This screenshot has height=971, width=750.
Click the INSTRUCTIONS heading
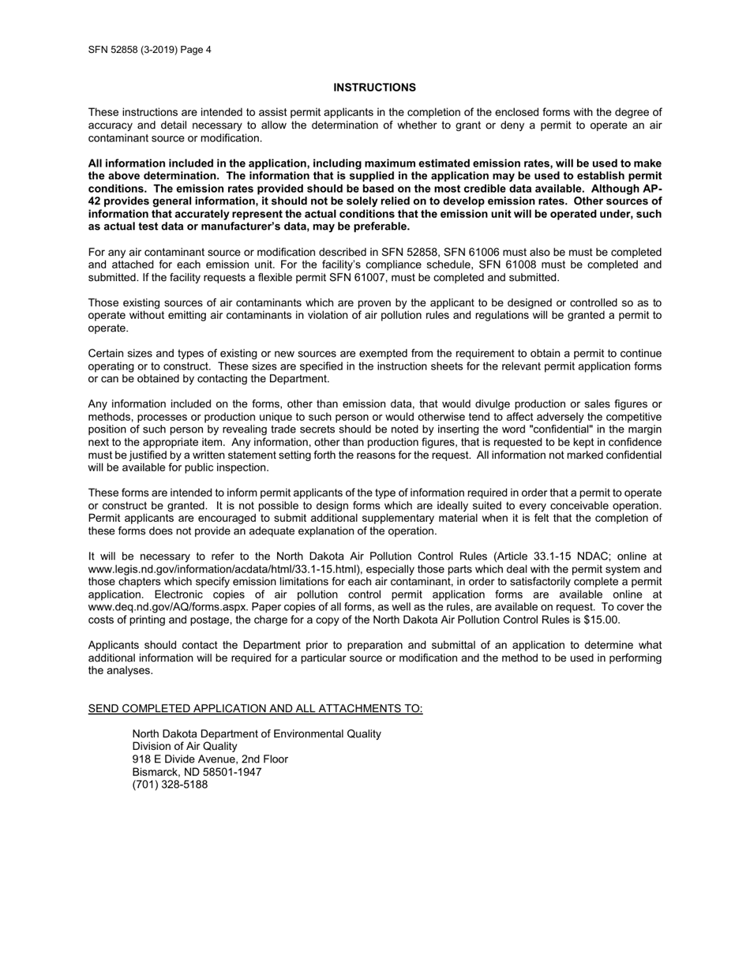coord(374,88)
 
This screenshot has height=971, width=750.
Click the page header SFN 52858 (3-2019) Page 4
coord(149,50)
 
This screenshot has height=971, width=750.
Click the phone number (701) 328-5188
coord(170,785)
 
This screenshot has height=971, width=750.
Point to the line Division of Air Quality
coord(184,747)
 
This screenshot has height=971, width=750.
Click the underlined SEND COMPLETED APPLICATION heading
coord(255,709)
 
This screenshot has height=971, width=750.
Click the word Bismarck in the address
coord(156,772)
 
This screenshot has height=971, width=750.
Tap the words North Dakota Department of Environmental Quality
coord(256,734)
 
